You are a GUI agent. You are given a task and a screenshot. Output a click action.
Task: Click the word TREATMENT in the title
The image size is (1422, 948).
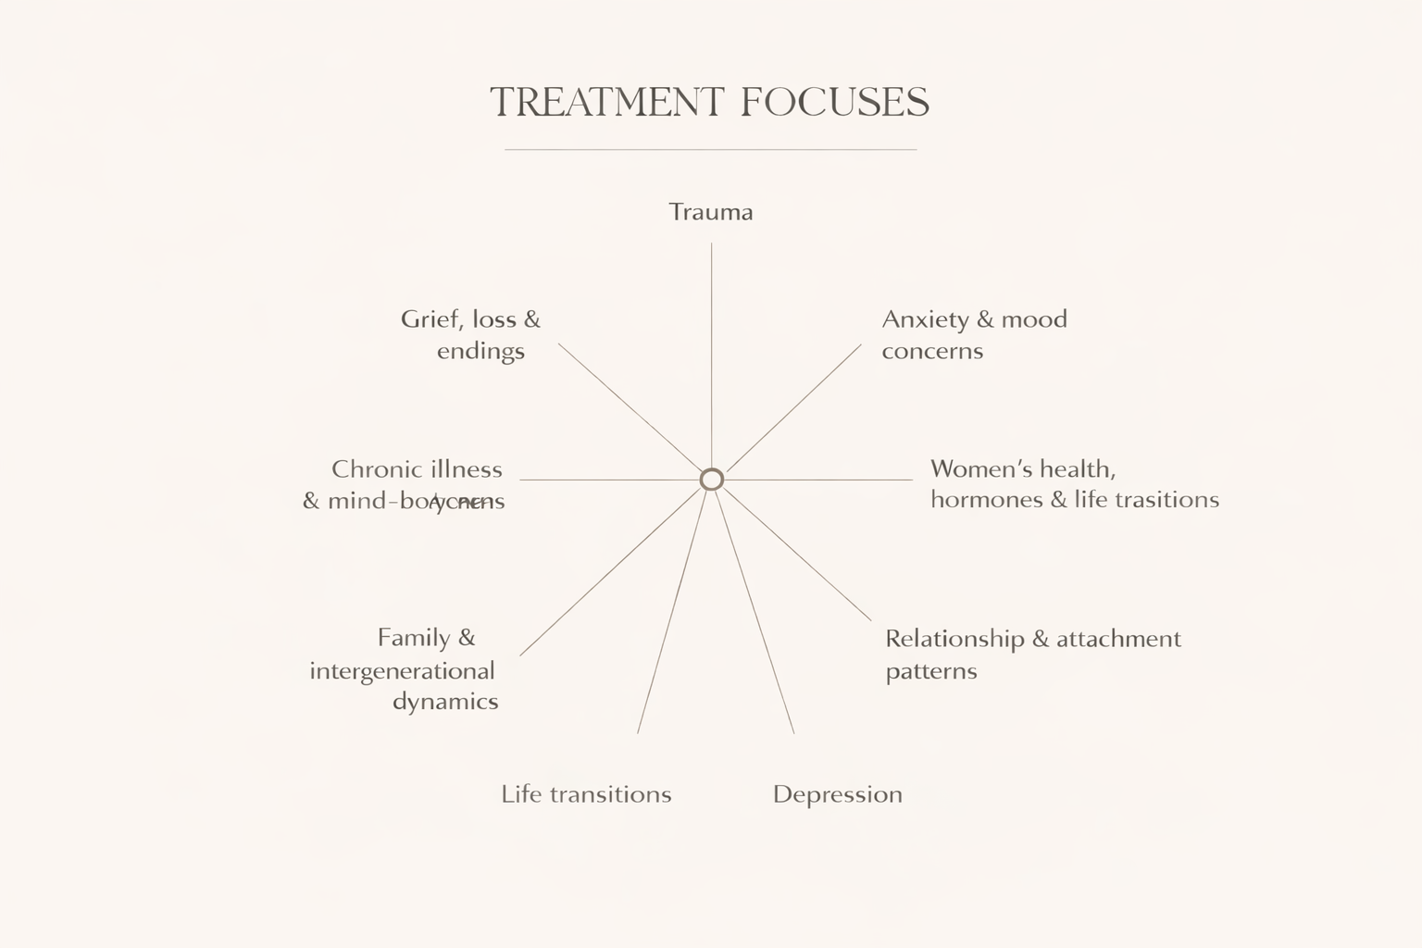[606, 102]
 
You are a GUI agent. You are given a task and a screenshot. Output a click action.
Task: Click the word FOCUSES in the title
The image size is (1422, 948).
[835, 102]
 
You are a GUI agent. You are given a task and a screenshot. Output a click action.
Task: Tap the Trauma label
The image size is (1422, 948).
[711, 212]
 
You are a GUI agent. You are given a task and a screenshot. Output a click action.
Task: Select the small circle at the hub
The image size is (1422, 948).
[711, 479]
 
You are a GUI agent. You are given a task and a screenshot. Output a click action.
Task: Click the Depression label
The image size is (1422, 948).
[837, 794]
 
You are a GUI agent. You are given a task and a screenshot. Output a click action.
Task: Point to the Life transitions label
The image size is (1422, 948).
[586, 794]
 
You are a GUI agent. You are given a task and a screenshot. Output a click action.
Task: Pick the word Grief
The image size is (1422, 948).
[431, 319]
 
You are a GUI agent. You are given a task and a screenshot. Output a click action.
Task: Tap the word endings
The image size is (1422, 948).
[480, 351]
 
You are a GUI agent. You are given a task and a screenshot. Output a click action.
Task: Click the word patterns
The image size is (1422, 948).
[931, 671]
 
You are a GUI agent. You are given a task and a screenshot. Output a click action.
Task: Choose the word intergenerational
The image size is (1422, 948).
[402, 670]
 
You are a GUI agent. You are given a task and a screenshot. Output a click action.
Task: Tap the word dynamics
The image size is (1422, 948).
[445, 702]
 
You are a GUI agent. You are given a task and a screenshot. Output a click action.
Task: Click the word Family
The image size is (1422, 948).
[414, 638]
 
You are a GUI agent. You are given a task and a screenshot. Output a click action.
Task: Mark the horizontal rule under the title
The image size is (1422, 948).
[711, 149]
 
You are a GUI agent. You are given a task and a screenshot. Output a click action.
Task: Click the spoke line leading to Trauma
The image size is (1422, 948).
[711, 352]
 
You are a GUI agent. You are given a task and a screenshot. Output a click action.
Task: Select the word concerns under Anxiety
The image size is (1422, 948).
[932, 351]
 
